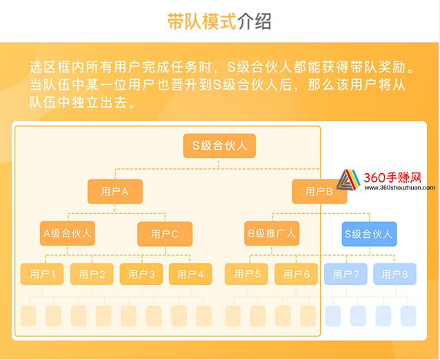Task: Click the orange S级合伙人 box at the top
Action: coord(219,146)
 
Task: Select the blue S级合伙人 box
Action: coord(369,234)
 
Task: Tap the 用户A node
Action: coord(115,192)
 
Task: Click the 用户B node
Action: coord(319,192)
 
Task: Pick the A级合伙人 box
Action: coord(68,234)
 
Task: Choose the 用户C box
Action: coord(165,234)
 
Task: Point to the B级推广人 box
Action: coord(272,234)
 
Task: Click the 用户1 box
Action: coord(42,274)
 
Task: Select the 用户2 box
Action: coord(92,274)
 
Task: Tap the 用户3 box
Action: coord(141,274)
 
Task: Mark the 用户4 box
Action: coord(190,274)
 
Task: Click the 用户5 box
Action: coord(246,274)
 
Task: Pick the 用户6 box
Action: coord(296,274)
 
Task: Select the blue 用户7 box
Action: coord(346,274)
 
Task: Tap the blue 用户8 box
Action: coord(394,274)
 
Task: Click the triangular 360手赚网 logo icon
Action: coord(348,179)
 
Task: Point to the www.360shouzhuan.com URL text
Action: coord(399,188)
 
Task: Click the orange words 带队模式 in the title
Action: coord(202,21)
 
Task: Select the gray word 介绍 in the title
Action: coord(254,21)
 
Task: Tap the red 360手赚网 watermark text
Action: coord(392,178)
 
